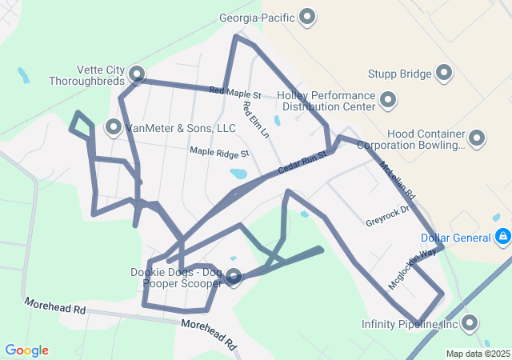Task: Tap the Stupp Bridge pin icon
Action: [444, 74]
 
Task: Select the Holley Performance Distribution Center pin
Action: [388, 101]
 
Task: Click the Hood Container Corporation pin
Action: [477, 139]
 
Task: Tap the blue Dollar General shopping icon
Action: [502, 238]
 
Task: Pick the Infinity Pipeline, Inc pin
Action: [469, 323]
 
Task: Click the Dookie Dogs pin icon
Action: [234, 278]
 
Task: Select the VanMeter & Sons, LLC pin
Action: [114, 127]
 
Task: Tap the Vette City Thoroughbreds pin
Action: [137, 75]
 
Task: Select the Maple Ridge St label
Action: [220, 151]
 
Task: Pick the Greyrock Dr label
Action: [387, 216]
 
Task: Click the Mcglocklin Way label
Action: [413, 270]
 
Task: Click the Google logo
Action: [27, 350]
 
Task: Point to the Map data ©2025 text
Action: [478, 354]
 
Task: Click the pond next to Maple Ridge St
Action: [238, 174]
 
